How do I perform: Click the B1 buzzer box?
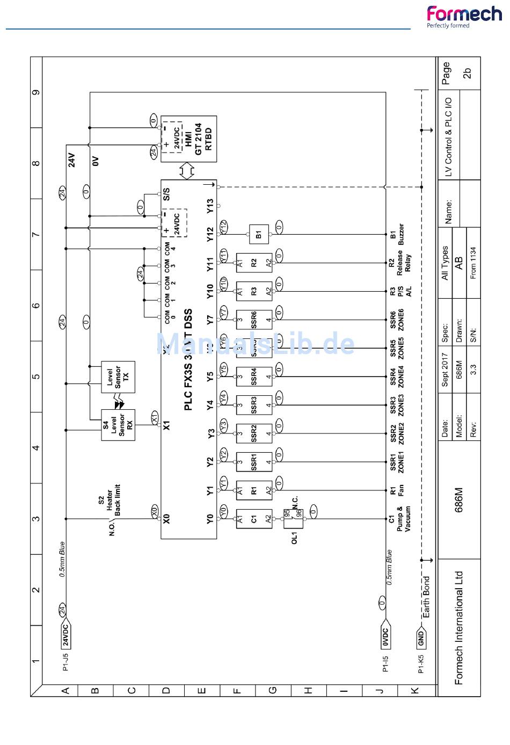tap(258, 234)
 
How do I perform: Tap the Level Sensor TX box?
tap(118, 377)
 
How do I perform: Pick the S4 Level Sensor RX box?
tap(118, 425)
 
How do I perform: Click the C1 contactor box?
tap(254, 519)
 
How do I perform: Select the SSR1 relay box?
tap(254, 461)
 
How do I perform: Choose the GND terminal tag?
tap(421, 639)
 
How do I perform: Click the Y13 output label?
tap(210, 206)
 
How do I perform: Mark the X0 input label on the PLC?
tap(167, 519)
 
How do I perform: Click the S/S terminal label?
tap(167, 194)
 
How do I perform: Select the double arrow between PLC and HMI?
tap(187, 171)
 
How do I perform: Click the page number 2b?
tap(467, 74)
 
